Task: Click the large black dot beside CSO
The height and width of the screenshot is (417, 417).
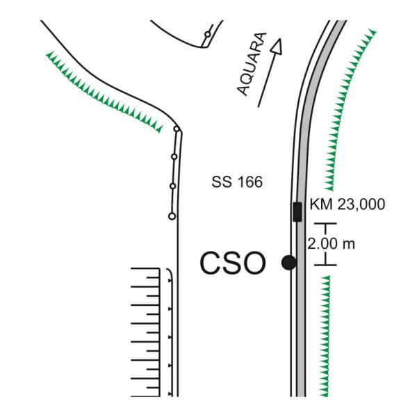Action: [289, 263]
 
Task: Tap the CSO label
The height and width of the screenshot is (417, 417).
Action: [233, 263]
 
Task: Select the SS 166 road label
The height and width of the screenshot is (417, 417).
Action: [237, 182]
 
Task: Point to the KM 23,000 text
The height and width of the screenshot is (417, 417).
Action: [347, 204]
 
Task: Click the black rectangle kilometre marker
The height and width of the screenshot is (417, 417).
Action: [297, 212]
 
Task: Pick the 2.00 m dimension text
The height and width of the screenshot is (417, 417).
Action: [331, 244]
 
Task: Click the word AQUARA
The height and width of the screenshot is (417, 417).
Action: [252, 64]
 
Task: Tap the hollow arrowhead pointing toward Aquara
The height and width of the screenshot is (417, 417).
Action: [277, 47]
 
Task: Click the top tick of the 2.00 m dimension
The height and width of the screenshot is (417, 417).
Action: [325, 224]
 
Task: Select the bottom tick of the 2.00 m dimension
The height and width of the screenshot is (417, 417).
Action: [325, 265]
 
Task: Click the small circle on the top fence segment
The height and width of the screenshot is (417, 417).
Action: [208, 34]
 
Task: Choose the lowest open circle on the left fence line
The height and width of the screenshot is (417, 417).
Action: [172, 216]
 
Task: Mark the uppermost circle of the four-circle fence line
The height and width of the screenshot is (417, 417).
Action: [177, 129]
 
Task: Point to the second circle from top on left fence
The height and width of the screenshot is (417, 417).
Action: [174, 156]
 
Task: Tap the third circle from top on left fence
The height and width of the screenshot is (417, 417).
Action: [173, 186]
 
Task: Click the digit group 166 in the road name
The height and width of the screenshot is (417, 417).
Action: [250, 182]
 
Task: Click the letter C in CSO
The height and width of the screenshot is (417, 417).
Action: [211, 263]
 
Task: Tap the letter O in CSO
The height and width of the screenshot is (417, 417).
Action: [254, 263]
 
